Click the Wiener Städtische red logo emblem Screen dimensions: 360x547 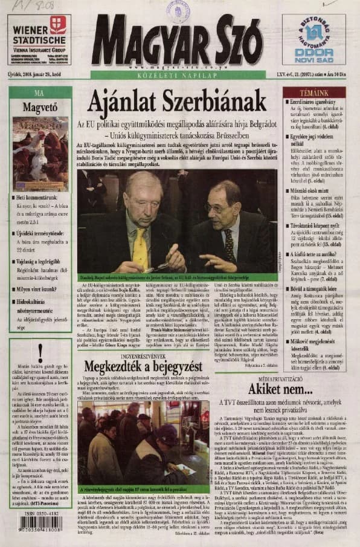click(58, 25)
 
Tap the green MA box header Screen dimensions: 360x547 click(40, 93)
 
